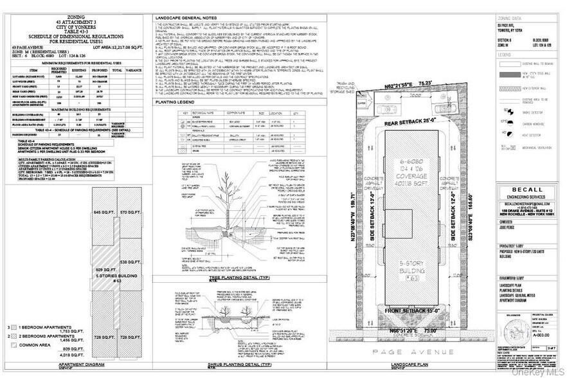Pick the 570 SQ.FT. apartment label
(129, 212)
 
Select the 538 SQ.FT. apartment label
(129, 262)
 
